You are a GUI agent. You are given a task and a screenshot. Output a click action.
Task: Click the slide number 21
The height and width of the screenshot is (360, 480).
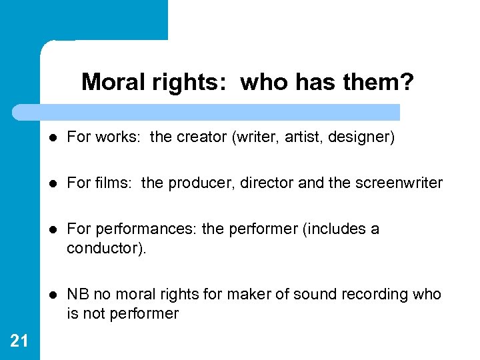click(19, 341)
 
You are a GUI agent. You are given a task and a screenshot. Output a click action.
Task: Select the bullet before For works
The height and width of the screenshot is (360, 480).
click(53, 138)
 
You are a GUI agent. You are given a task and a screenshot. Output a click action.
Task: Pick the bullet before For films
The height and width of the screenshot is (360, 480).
click(53, 183)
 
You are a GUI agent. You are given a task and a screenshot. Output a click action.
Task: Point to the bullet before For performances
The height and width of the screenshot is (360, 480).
click(53, 229)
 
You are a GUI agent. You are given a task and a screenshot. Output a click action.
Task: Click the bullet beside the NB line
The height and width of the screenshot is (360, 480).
click(53, 295)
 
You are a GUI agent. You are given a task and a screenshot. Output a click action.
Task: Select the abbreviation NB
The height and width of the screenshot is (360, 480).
click(79, 295)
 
